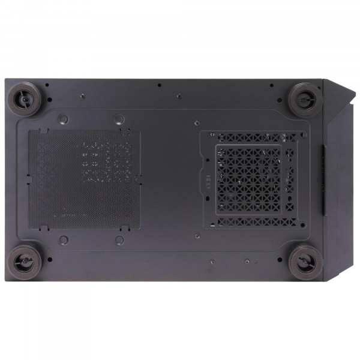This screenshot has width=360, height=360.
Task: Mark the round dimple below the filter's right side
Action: (120, 240)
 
